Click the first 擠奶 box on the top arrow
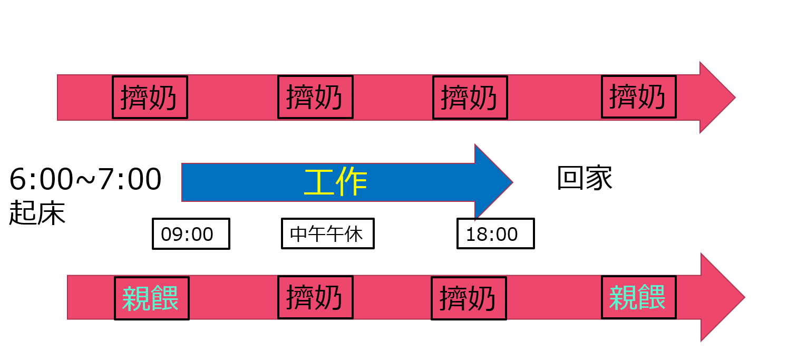point(150,97)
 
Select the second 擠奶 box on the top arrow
point(315,97)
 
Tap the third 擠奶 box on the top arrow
point(470,97)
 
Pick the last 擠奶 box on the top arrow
point(638,96)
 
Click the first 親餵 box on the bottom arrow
point(151,298)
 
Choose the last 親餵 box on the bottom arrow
point(638,298)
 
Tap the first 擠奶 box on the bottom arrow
point(315,298)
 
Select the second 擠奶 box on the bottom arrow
point(469,298)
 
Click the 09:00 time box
point(191,233)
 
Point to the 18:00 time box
point(495,233)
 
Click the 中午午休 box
point(327,233)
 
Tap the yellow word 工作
point(336,183)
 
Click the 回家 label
point(585,179)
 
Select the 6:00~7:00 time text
point(85,180)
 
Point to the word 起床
point(37,213)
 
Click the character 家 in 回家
point(599,179)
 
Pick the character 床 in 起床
point(52,213)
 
